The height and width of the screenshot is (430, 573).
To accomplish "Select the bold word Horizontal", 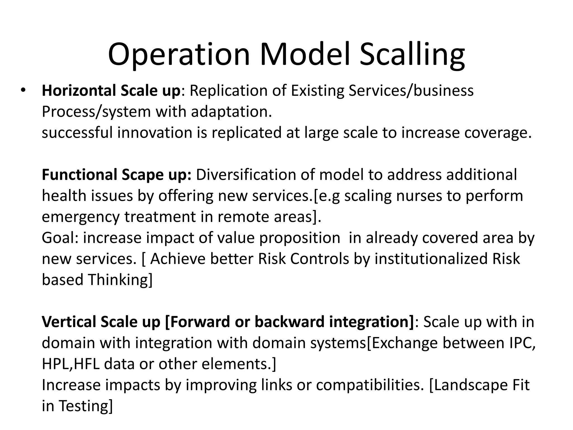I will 79,91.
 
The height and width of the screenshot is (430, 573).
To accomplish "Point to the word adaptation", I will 231,112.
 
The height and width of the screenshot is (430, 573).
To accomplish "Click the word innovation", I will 154,133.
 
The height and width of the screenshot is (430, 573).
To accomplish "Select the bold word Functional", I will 79,175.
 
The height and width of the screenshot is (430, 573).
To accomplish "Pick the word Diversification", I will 246,175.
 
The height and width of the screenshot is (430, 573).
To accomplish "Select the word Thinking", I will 120,280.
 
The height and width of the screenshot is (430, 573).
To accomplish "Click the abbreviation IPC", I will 521,343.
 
